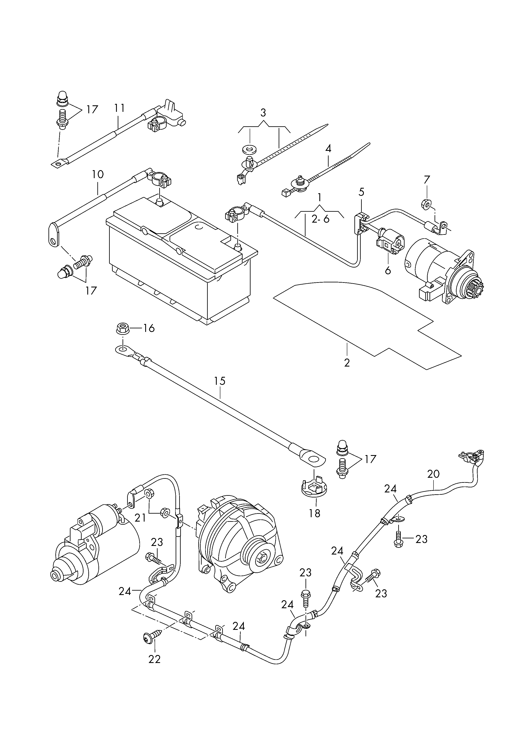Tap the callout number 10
coord(98,175)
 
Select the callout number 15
coord(220,381)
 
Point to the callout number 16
coord(149,328)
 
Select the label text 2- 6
coord(320,219)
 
